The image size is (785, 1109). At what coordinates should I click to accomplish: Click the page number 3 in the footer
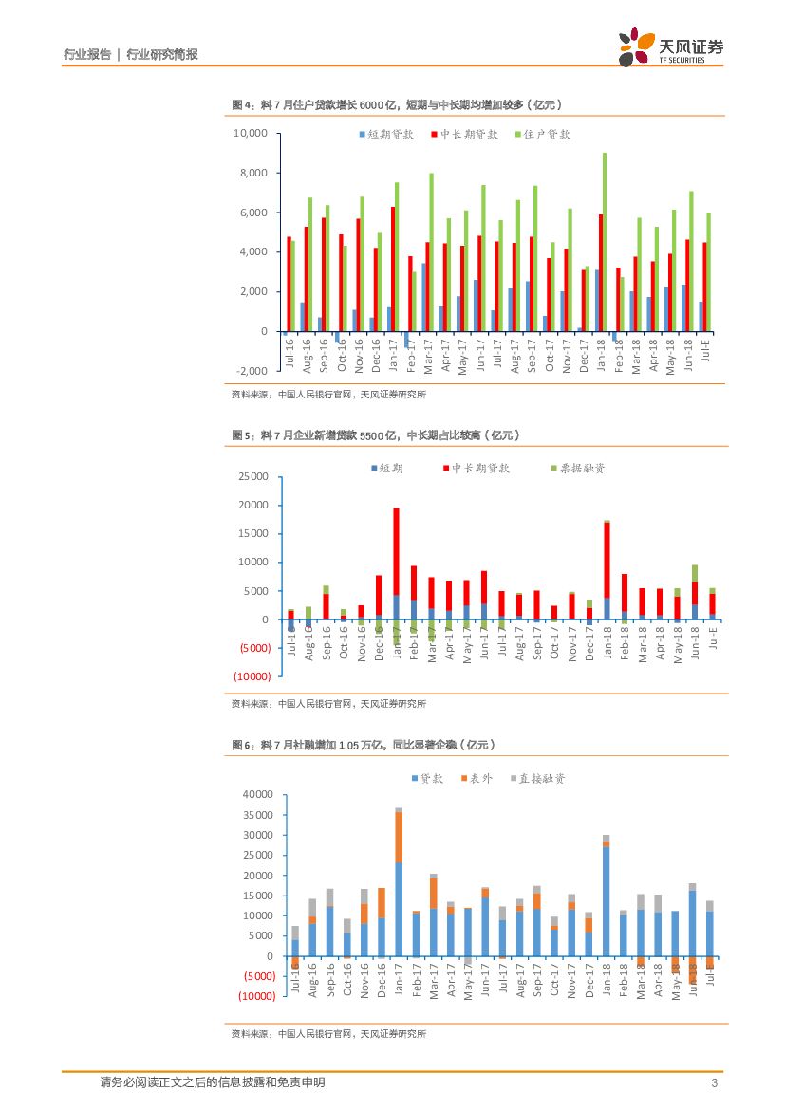click(x=713, y=1083)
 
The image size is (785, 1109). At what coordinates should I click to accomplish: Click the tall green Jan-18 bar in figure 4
click(x=604, y=242)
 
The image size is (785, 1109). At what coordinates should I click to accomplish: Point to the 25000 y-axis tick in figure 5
click(x=253, y=476)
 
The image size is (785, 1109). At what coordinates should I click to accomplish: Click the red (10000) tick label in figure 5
click(x=252, y=675)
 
